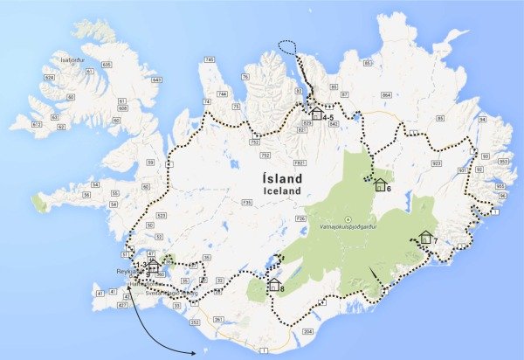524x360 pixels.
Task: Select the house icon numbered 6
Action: (379, 184)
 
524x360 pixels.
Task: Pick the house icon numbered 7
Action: (425, 237)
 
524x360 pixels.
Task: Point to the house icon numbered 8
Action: (273, 285)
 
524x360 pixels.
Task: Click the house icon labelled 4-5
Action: (316, 113)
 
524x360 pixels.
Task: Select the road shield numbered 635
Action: (107, 65)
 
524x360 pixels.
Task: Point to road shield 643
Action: (157, 80)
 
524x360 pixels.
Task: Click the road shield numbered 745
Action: (209, 59)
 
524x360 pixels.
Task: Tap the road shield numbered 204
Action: (307, 333)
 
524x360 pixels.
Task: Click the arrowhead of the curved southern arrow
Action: (197, 351)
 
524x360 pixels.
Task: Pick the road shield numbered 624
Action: (38, 77)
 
